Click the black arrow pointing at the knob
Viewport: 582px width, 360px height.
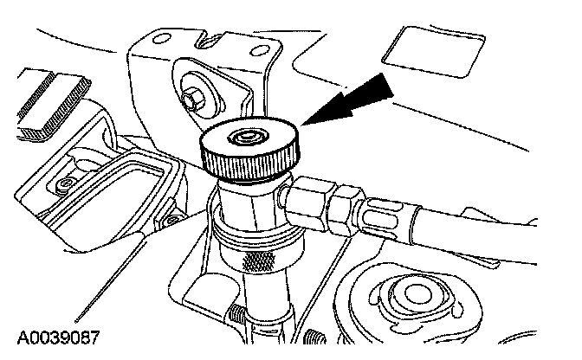347,100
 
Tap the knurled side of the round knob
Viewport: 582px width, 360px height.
249,162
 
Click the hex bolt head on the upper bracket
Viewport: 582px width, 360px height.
194,98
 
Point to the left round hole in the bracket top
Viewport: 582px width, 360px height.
161,38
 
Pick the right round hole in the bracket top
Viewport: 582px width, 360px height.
259,51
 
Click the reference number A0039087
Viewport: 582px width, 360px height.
59,337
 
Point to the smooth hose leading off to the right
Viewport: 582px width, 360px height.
475,237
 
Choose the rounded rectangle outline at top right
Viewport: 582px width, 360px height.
434,52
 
